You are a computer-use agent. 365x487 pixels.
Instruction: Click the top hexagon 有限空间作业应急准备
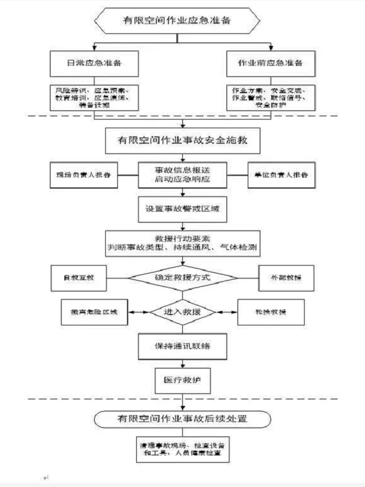point(182,21)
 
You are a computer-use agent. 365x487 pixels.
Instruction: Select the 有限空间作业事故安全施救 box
point(182,140)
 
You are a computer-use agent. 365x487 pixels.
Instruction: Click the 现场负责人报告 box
point(84,175)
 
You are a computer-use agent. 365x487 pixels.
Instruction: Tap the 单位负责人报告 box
point(281,175)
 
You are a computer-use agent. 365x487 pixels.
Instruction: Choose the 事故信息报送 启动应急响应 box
point(182,175)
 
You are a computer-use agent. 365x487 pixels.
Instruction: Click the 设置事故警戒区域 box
point(182,210)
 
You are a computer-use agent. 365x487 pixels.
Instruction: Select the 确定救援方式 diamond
point(182,278)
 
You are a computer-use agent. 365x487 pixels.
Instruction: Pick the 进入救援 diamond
point(182,312)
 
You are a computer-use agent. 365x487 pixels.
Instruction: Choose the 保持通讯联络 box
point(182,347)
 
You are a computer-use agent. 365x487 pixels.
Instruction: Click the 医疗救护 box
point(182,379)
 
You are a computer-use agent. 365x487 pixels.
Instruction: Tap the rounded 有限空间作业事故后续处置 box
point(182,419)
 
